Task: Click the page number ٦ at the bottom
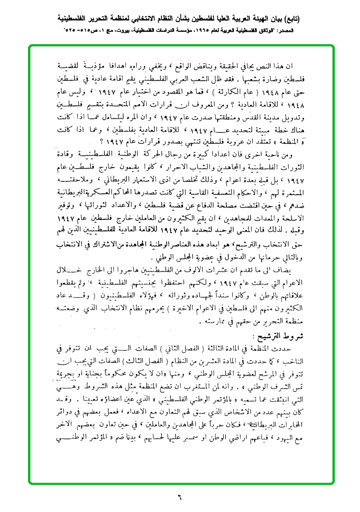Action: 180,498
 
